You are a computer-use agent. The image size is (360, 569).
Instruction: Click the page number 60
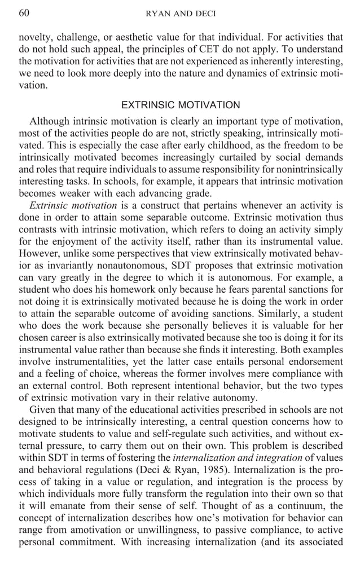pos(24,12)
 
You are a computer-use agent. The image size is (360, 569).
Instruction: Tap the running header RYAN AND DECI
pos(181,13)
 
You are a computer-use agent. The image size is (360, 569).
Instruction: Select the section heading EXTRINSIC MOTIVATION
pos(181,105)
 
